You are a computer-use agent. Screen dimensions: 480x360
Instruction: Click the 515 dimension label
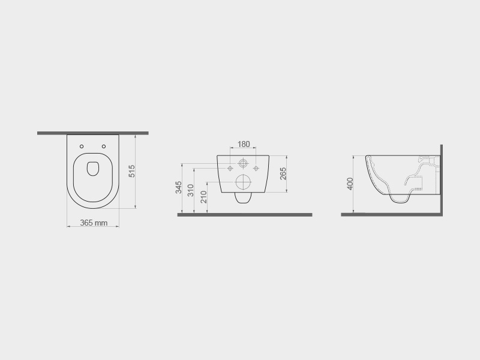click(131, 171)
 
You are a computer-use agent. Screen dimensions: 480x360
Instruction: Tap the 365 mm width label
click(94, 223)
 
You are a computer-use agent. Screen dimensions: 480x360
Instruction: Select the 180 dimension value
click(244, 144)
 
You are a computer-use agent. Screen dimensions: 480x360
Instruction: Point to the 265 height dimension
click(283, 173)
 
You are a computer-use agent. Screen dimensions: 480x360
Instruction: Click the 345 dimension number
click(179, 187)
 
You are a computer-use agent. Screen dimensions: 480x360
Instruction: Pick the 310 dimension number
click(191, 190)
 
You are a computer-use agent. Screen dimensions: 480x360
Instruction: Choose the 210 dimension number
click(204, 197)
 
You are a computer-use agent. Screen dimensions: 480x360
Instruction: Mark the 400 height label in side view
click(350, 184)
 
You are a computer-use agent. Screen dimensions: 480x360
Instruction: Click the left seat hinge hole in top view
click(82, 146)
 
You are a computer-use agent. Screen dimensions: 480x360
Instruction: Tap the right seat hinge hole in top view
click(104, 146)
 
